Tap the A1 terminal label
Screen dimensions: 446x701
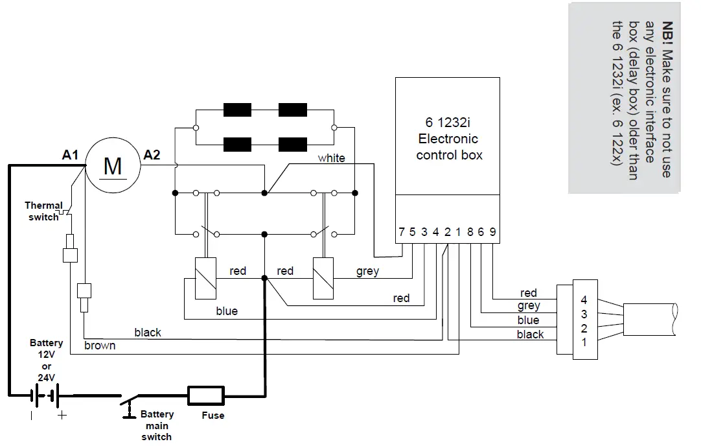tap(71, 156)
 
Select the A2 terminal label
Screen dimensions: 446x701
tap(152, 155)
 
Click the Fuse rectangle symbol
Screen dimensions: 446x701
tap(206, 395)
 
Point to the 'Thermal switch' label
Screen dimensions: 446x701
tap(43, 211)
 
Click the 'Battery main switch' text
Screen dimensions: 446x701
tap(157, 425)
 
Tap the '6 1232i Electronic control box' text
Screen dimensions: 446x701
tap(449, 138)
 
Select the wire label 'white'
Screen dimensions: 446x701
tap(331, 158)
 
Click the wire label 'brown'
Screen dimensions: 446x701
tap(100, 346)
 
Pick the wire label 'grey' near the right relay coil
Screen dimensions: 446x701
tap(367, 271)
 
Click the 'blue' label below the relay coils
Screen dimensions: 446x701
tap(227, 311)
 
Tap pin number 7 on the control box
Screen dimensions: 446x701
tap(402, 232)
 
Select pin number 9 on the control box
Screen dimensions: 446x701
tap(492, 232)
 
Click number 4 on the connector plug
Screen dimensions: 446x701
tap(584, 300)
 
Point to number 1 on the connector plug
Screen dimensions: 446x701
tap(584, 342)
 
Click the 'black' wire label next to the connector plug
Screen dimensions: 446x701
tap(530, 334)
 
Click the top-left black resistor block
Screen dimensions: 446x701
tap(237, 110)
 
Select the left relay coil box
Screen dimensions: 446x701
tap(205, 278)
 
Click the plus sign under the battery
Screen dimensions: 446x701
tap(62, 416)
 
